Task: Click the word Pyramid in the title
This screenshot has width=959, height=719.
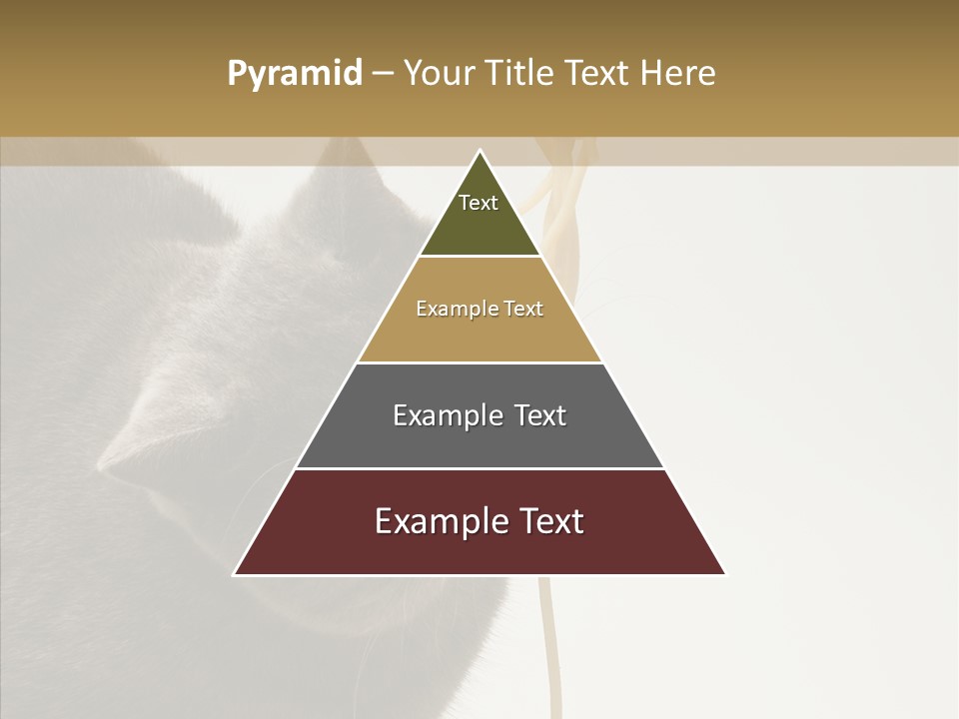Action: [x=294, y=74]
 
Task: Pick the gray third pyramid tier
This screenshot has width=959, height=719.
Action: [x=479, y=439]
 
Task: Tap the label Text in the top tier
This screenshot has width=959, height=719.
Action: [x=479, y=203]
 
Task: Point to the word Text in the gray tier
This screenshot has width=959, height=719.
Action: [x=539, y=415]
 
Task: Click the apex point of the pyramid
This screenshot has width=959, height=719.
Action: [x=479, y=151]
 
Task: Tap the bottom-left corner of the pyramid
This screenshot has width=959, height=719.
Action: [x=235, y=574]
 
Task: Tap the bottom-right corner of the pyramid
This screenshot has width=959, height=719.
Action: [x=725, y=574]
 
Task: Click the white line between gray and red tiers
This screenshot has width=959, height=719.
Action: [x=479, y=468]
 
